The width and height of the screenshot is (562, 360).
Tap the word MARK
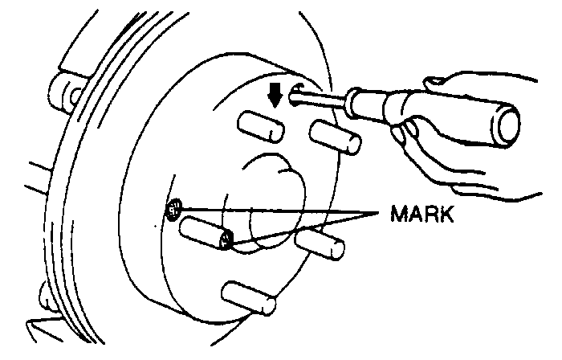422,215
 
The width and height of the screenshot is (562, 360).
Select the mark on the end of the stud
227,239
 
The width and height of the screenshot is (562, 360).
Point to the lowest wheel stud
249,300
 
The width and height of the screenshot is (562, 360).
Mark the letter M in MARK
399,215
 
